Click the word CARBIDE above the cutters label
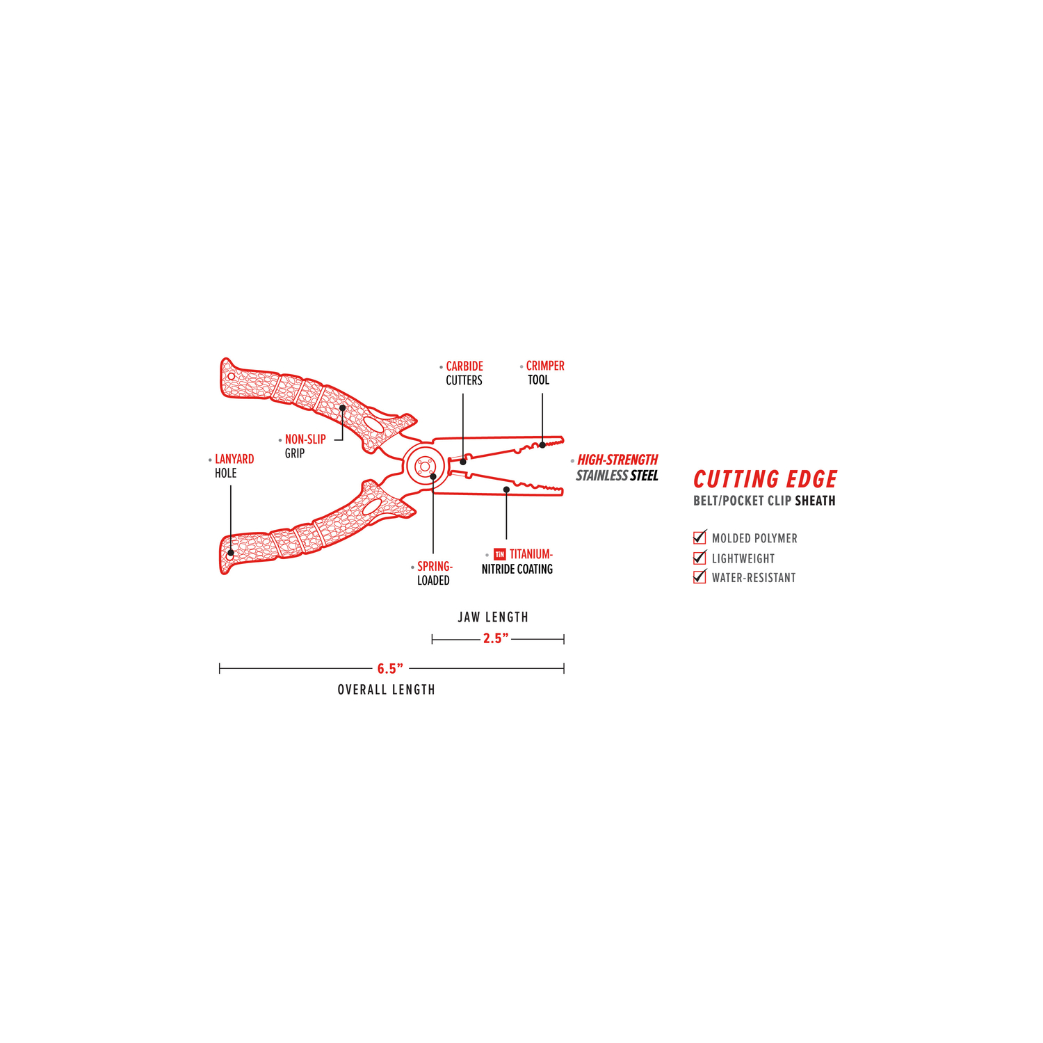[464, 366]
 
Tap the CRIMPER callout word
[545, 366]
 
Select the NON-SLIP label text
[305, 439]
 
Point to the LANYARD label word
[234, 459]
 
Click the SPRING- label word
[435, 567]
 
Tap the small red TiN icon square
[499, 554]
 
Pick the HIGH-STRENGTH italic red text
[617, 460]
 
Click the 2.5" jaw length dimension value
[496, 638]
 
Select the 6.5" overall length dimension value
[390, 669]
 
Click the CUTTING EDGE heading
[765, 479]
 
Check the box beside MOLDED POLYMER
[700, 537]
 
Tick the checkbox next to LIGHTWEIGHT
[700, 558]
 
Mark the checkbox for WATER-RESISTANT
[700, 576]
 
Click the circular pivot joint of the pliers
[424, 466]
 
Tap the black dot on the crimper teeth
[542, 445]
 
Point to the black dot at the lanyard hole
[230, 554]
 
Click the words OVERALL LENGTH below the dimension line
[387, 690]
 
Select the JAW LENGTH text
[493, 617]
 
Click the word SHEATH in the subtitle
[816, 501]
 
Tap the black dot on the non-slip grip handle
[343, 408]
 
